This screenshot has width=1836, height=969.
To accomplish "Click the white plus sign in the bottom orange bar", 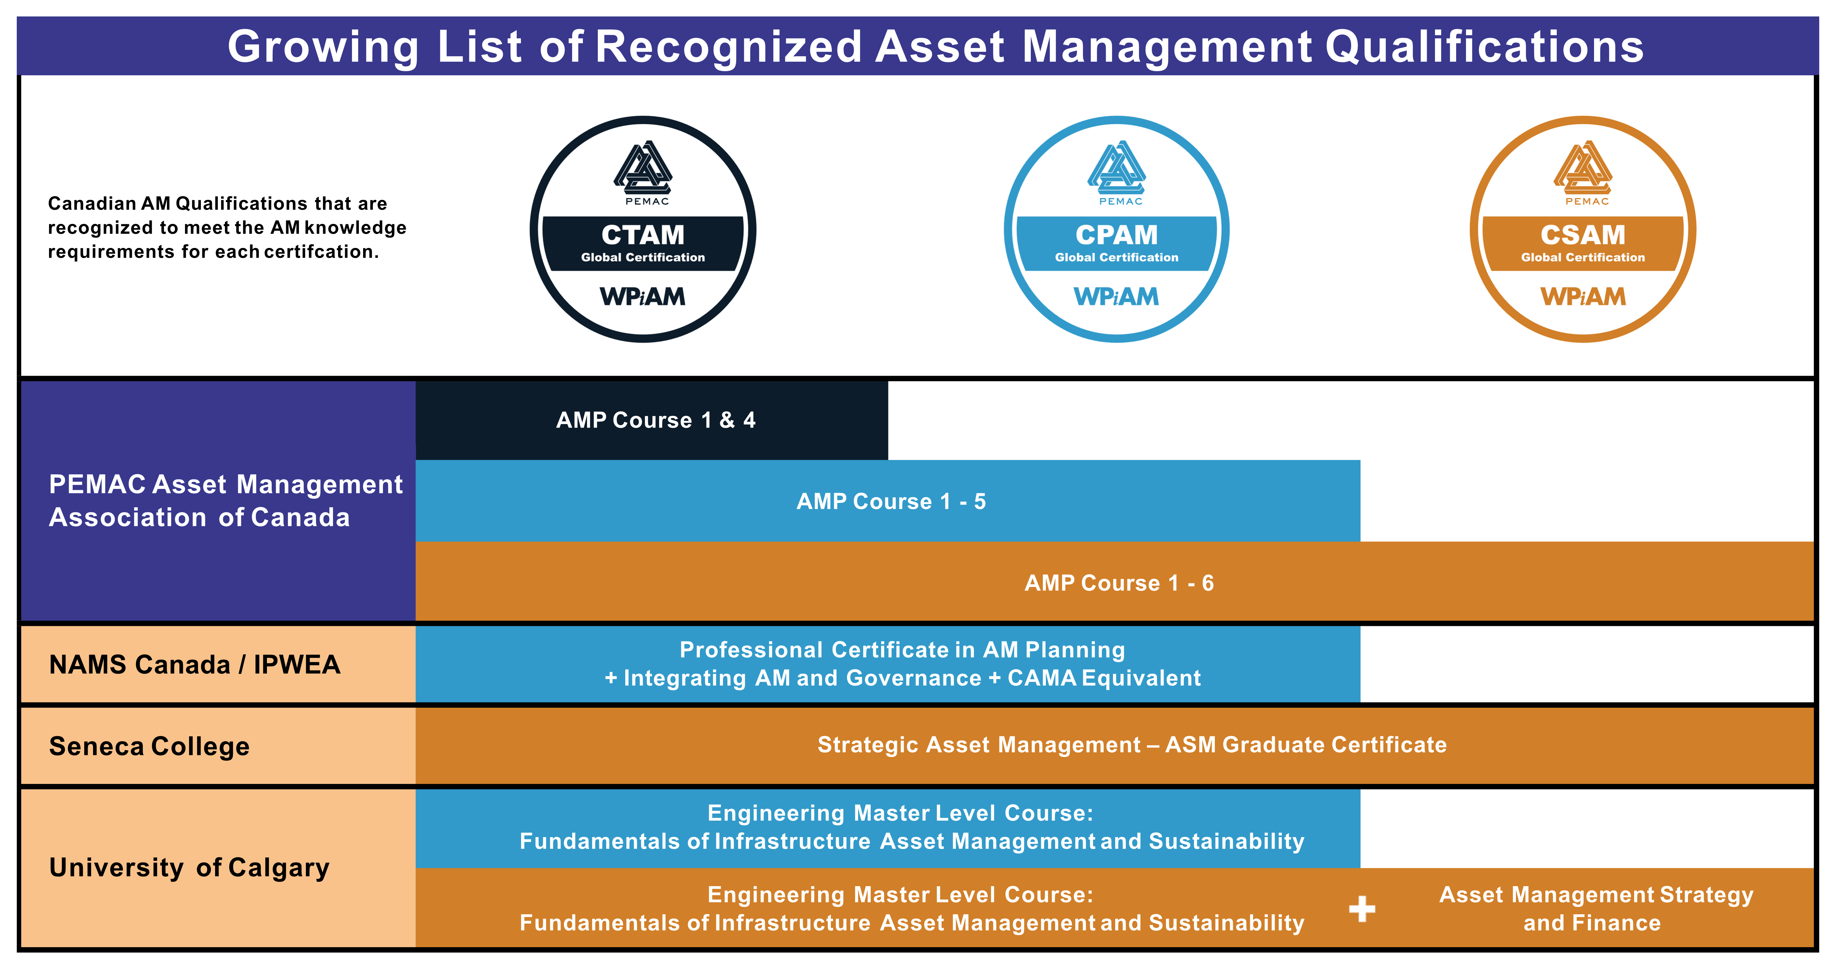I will point(1362,908).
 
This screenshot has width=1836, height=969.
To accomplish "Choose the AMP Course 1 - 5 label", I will point(891,502).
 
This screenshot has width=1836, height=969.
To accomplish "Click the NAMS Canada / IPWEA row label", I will point(195,665).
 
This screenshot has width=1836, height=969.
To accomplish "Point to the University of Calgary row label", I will point(189,868).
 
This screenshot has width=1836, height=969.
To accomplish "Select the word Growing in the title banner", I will point(324,47).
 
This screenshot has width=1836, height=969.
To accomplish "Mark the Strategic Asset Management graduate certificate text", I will point(1132,744).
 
